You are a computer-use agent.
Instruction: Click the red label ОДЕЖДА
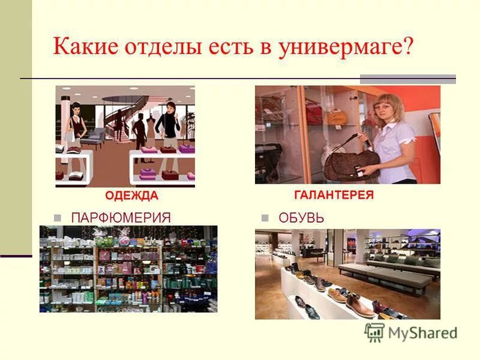click(x=131, y=196)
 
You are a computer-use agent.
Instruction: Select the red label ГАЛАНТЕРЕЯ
click(x=334, y=195)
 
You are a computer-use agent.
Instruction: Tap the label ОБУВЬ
click(x=301, y=217)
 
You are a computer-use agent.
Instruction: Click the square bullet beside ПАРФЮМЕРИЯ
click(x=58, y=218)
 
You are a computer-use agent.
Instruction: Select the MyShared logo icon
click(x=374, y=332)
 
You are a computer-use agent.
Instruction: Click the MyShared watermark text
click(x=422, y=333)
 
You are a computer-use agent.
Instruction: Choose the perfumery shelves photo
click(x=128, y=269)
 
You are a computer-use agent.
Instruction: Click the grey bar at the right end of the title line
click(x=407, y=79)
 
